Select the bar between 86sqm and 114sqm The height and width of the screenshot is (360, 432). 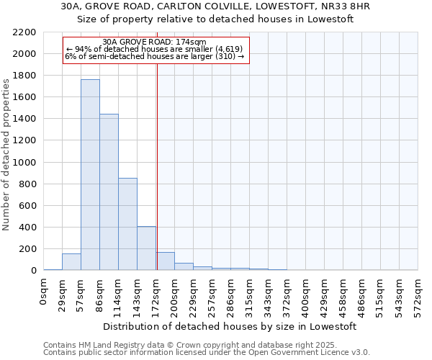[109, 192]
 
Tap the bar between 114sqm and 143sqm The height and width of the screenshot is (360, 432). [127, 224]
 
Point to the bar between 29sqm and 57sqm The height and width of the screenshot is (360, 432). [71, 262]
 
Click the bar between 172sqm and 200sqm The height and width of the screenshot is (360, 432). [166, 261]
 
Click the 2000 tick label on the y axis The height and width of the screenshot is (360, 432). [24, 54]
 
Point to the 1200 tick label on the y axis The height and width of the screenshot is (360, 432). [24, 140]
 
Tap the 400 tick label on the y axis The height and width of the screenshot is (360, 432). [27, 228]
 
